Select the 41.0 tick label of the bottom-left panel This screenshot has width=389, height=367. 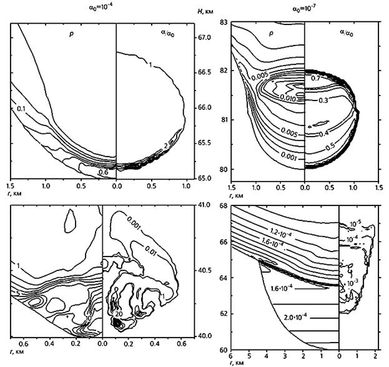click(205, 204)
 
